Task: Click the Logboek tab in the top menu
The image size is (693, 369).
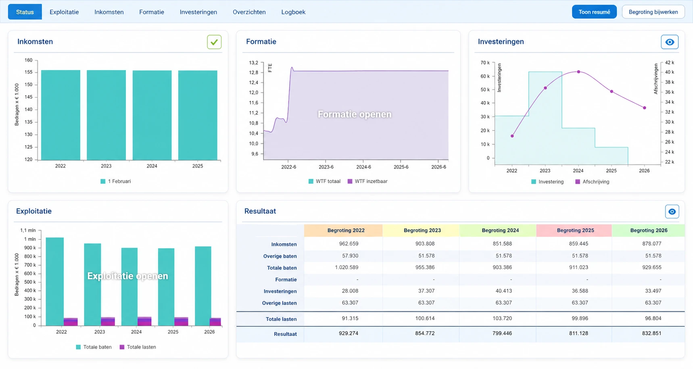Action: (293, 12)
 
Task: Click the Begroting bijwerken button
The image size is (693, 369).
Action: (653, 12)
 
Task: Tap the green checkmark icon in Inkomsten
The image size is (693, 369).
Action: (214, 42)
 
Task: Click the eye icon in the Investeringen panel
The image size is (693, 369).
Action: (670, 42)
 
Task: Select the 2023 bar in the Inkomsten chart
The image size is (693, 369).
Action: (106, 115)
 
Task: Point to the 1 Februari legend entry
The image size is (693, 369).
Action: (116, 181)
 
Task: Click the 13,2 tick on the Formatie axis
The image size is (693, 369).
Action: (253, 63)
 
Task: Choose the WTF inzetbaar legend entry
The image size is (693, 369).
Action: (367, 181)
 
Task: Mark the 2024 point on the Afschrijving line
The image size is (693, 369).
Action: (578, 72)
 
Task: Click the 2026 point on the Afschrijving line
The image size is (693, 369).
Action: (645, 108)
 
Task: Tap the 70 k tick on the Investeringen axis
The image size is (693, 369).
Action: (485, 63)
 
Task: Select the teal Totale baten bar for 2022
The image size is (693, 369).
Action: (54, 282)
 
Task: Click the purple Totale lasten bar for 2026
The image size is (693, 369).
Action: (215, 322)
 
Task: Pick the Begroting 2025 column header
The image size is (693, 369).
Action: (575, 230)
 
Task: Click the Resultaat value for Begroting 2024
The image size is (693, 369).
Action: (502, 334)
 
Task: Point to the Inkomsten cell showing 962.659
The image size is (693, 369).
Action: (349, 244)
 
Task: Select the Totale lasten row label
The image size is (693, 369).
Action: (281, 319)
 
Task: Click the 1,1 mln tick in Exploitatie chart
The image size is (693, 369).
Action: (28, 230)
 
